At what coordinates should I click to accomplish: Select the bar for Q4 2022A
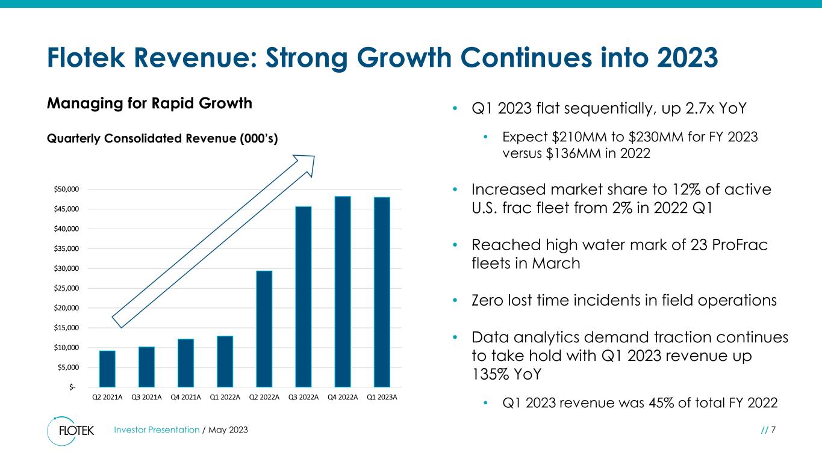[x=343, y=292]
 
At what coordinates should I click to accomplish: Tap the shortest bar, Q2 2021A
[x=107, y=368]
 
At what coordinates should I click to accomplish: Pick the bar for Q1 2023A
[x=382, y=292]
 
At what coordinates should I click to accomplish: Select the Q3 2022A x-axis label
[x=304, y=397]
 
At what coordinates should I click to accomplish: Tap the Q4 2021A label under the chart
[x=185, y=397]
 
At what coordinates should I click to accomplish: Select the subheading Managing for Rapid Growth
[x=149, y=103]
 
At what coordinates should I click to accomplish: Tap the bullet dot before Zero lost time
[x=456, y=300]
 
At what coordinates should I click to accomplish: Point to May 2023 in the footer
[x=228, y=430]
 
